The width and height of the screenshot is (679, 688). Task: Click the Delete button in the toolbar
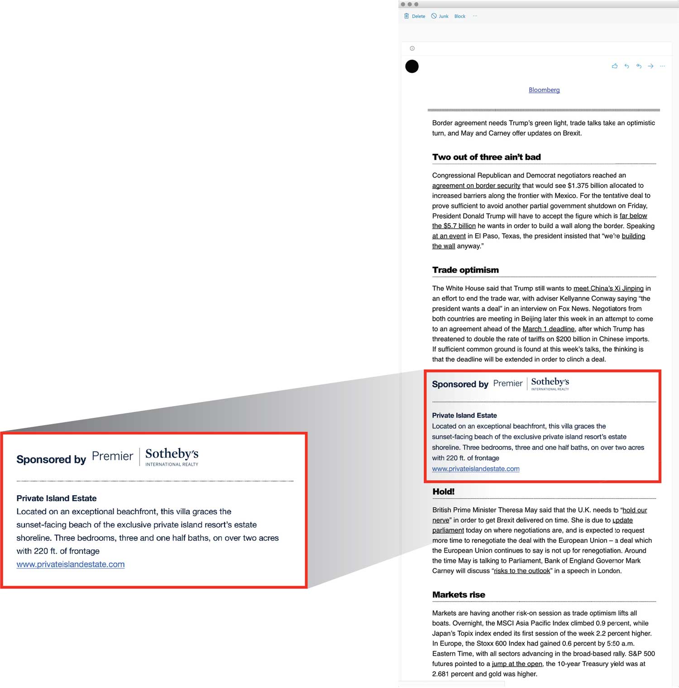click(415, 16)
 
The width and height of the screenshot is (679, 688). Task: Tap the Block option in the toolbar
click(459, 16)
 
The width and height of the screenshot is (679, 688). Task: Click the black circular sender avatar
click(412, 67)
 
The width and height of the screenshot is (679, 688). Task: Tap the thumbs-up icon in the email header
click(614, 66)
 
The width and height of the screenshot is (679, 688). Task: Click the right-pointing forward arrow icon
click(650, 66)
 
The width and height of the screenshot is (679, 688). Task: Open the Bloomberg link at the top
click(544, 90)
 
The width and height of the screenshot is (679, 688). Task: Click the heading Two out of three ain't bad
click(486, 157)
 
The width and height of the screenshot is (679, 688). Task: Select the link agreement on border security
click(476, 186)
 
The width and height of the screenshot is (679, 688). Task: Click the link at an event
click(449, 236)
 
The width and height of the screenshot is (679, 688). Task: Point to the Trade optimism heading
click(465, 270)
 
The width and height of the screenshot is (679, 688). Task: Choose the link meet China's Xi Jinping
click(608, 288)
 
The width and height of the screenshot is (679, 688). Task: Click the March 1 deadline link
click(548, 329)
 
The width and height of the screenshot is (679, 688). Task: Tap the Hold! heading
click(443, 492)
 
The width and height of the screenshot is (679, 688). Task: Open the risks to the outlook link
click(522, 571)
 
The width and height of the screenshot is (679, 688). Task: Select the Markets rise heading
click(459, 595)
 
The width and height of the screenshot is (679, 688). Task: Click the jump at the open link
click(517, 664)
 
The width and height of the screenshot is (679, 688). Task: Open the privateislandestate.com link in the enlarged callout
click(71, 564)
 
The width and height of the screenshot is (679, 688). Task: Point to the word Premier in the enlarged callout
click(112, 456)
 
